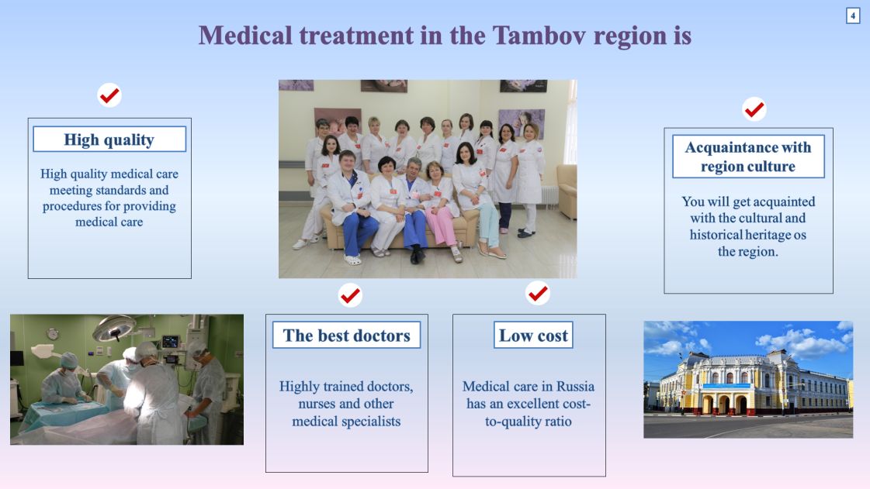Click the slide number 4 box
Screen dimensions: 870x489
(853, 15)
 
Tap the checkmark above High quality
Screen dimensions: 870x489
(109, 95)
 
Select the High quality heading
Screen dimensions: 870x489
(109, 139)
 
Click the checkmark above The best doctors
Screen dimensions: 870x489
(350, 295)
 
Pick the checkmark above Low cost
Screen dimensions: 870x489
(538, 293)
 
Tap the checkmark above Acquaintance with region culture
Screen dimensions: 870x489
(754, 109)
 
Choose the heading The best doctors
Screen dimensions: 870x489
(346, 335)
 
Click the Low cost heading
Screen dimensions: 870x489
(533, 335)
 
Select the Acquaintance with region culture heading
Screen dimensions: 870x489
(748, 157)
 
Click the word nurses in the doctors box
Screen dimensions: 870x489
(319, 404)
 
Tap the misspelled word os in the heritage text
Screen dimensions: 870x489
(799, 235)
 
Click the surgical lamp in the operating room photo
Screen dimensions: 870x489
(115, 328)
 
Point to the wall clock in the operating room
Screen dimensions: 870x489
(53, 333)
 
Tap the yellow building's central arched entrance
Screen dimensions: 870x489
(724, 405)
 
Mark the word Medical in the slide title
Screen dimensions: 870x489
(245, 36)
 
